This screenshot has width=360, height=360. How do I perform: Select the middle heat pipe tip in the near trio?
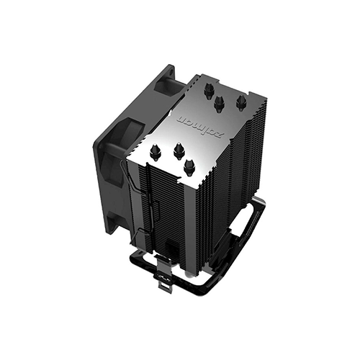[178, 149]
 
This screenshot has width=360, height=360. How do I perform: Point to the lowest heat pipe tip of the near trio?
[189, 166]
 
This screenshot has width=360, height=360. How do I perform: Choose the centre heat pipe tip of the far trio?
[220, 102]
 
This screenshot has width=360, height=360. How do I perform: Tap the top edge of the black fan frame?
[137, 90]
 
